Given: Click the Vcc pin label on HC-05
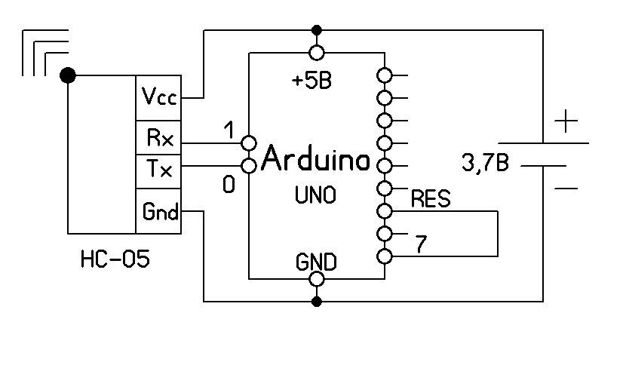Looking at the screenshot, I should pos(158,97).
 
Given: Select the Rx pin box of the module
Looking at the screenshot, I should pos(158,139).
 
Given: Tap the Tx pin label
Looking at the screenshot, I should pos(158,170).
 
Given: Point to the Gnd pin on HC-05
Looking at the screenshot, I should pos(158,213).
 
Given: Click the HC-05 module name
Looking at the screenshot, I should pos(115,261).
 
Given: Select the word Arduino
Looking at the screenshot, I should pos(317,160).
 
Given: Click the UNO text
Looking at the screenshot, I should pos(315,195).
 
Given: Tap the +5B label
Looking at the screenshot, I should pos(311,81).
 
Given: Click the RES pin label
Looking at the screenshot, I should pos(431,199).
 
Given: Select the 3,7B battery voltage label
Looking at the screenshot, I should pos(484,163).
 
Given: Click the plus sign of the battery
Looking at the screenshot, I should pos(566,121).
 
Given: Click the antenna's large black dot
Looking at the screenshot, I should pos(68,75).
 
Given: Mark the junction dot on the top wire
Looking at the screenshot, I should pos(317,30).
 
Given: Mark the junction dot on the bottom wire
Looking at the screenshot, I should pos(317,302).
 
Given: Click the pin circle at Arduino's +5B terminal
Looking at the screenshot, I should pos(317,53).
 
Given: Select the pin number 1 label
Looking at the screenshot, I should pos(229,130).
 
